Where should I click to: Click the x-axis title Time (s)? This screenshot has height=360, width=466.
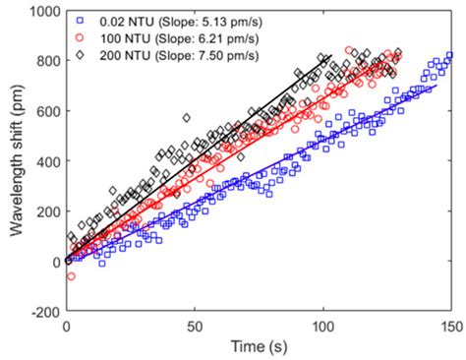click(258, 349)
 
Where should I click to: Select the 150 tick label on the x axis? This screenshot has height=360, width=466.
click(449, 326)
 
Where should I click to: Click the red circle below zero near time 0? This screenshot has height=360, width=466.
click(71, 276)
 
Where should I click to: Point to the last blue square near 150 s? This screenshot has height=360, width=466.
click(449, 55)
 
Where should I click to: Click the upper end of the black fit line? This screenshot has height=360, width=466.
click(331, 55)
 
